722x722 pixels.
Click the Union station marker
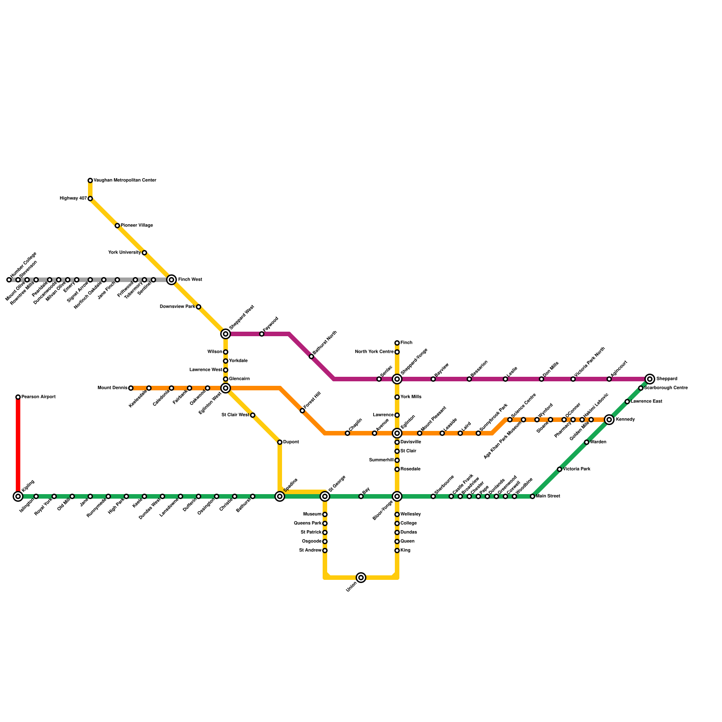(x=361, y=578)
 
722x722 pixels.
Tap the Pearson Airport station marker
(x=18, y=397)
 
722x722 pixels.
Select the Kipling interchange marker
(x=18, y=496)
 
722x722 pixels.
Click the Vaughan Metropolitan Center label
(x=125, y=180)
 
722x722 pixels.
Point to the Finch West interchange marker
(x=171, y=280)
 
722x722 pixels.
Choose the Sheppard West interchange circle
(x=226, y=334)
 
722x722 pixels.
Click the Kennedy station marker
(x=609, y=420)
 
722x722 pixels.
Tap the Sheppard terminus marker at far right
(x=650, y=379)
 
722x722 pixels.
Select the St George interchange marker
(x=325, y=496)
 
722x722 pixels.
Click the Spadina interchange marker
(x=280, y=496)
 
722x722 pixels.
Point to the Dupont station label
(x=291, y=442)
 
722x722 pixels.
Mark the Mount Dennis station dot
(x=131, y=388)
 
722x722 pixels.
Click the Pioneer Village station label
(x=137, y=226)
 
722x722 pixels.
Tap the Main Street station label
(x=548, y=496)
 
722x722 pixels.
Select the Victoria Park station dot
(x=560, y=469)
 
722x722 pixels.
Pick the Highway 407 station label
(x=73, y=199)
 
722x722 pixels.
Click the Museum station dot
(x=325, y=514)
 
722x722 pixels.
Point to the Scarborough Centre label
(x=666, y=388)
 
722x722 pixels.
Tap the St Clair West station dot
(x=253, y=415)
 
